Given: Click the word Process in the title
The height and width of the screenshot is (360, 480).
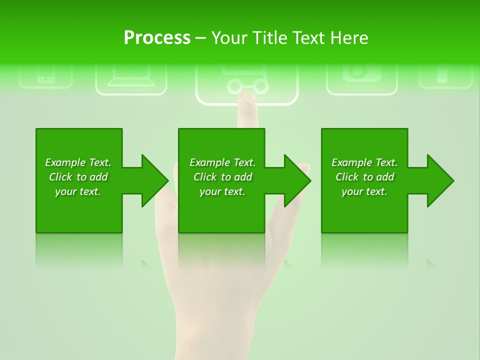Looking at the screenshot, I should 157,38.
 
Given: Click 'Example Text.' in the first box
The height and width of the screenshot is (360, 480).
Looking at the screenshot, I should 78,162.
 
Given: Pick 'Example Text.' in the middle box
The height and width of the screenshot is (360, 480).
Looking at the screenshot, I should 222,162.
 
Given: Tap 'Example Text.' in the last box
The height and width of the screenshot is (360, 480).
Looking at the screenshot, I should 364,162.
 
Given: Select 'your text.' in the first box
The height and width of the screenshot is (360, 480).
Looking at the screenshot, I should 78,191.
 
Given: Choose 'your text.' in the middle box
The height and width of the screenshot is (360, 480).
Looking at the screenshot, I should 222,191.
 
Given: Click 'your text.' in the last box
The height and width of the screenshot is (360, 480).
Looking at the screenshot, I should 364,191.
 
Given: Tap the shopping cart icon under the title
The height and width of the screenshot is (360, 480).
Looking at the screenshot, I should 247,80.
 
